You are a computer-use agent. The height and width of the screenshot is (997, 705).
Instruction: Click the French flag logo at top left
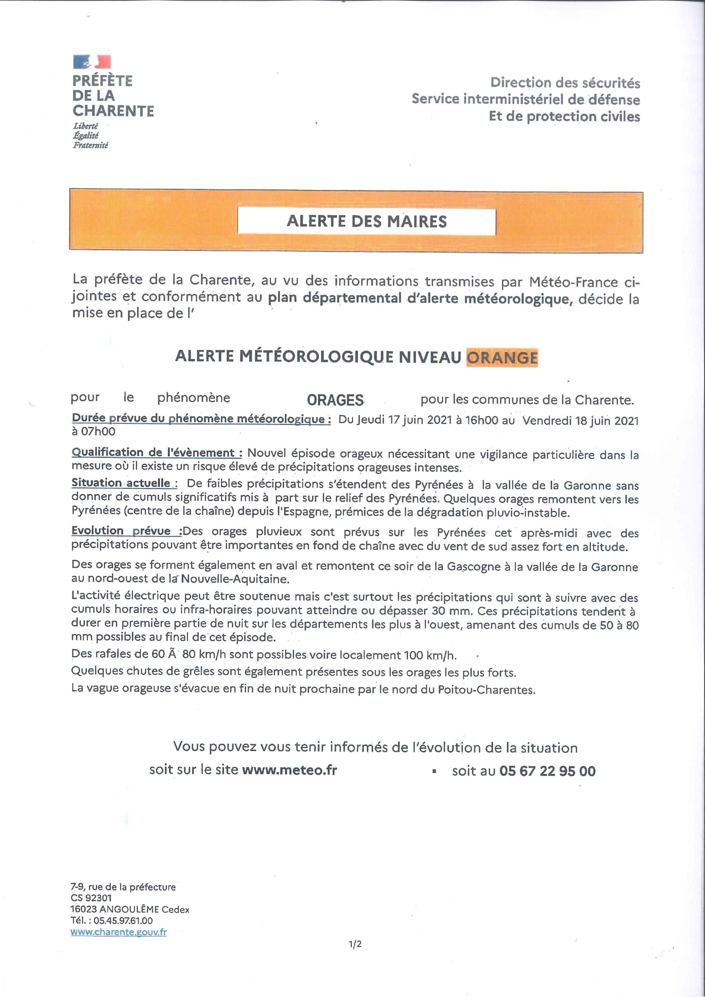(92, 62)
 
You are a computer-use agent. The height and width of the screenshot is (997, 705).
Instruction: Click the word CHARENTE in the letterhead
(113, 111)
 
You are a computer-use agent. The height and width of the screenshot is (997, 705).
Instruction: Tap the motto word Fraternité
(90, 146)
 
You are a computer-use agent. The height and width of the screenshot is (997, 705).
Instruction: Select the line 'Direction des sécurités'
(565, 83)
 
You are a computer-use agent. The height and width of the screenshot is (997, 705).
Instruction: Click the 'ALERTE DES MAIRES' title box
(366, 222)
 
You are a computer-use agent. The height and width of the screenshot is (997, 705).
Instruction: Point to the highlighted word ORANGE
(502, 358)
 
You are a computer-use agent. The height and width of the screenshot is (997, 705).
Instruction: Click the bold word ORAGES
(335, 400)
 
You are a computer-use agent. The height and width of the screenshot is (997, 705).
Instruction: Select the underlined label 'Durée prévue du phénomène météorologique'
(201, 419)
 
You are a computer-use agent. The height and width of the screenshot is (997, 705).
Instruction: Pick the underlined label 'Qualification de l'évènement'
(157, 453)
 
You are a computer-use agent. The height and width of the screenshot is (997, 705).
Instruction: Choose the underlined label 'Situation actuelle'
(124, 483)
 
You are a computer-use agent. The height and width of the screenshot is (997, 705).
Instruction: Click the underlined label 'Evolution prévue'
(127, 531)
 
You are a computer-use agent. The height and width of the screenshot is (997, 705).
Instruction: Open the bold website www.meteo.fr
(289, 770)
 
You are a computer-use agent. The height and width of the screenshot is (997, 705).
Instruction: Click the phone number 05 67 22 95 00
(547, 771)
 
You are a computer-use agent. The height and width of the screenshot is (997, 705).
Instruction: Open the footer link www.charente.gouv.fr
(118, 932)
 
